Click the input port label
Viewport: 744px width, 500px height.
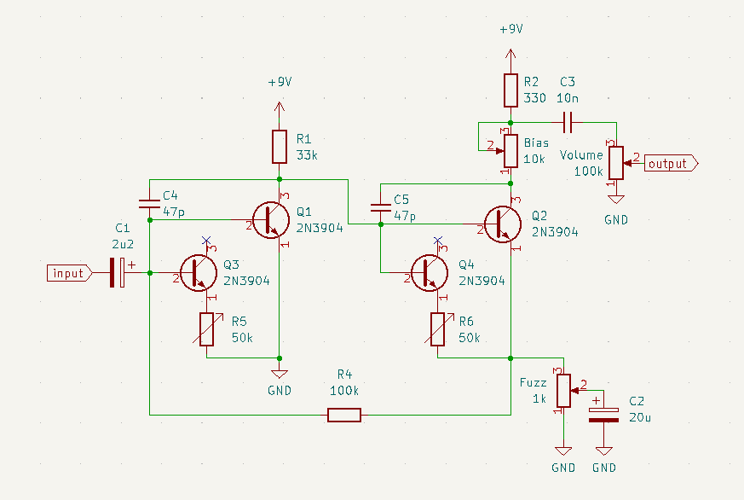69,273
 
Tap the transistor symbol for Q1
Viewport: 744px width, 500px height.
271,220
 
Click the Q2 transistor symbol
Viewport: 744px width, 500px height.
503,224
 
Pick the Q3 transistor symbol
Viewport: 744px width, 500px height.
199,273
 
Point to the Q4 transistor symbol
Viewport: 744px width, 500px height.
430,273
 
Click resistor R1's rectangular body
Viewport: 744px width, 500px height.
280,147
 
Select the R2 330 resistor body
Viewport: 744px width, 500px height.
510,90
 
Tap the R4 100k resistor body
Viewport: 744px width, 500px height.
344,415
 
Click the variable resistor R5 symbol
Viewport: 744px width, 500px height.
207,329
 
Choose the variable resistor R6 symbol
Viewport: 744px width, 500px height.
438,329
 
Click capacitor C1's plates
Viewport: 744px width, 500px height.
118,273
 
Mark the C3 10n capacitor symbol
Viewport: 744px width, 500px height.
568,123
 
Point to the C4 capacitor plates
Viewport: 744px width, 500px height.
149,204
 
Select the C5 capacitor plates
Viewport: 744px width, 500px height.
381,208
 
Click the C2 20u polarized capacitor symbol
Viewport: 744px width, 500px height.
603,415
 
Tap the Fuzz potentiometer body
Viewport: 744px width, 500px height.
563,391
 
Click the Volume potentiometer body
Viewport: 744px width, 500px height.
616,163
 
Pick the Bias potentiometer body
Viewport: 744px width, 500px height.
510,151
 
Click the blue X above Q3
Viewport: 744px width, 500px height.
206,241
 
